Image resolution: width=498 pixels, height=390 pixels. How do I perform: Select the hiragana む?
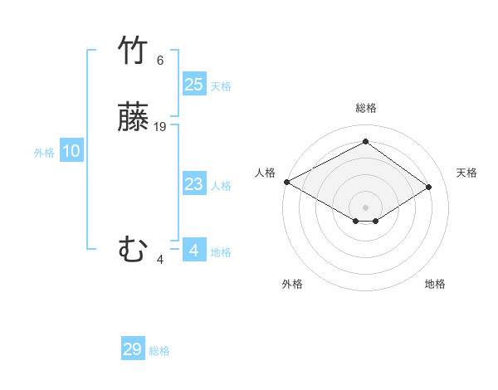pos(133,250)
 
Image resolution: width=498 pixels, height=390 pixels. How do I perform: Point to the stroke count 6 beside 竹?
pos(160,61)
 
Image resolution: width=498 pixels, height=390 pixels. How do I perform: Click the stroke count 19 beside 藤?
pos(160,127)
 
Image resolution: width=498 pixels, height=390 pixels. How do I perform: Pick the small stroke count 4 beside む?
pos(160,259)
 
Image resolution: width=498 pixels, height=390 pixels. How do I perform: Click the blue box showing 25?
pos(193,85)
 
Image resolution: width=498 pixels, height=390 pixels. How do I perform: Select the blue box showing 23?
pos(193,184)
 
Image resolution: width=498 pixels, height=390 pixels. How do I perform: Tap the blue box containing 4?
pos(193,250)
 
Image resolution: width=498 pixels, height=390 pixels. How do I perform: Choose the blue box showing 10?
pos(71,151)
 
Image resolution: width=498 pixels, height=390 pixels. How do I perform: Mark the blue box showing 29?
pos(133,349)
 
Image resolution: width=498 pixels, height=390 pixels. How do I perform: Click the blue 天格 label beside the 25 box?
pos(221,86)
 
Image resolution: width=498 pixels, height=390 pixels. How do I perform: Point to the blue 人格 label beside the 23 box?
pos(221,186)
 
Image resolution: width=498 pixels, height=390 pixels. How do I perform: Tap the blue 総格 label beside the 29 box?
pos(159,351)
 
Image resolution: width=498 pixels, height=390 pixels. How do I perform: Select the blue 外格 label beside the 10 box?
pos(44,153)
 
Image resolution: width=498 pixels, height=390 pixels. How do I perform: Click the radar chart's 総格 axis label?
pos(366,108)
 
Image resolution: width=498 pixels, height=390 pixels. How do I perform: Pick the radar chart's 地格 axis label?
pos(435,284)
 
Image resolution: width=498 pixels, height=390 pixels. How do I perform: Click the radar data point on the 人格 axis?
pos(286,182)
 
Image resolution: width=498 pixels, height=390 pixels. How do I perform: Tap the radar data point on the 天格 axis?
pos(429,187)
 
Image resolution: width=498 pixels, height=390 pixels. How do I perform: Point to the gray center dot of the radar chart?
pos(366,207)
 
